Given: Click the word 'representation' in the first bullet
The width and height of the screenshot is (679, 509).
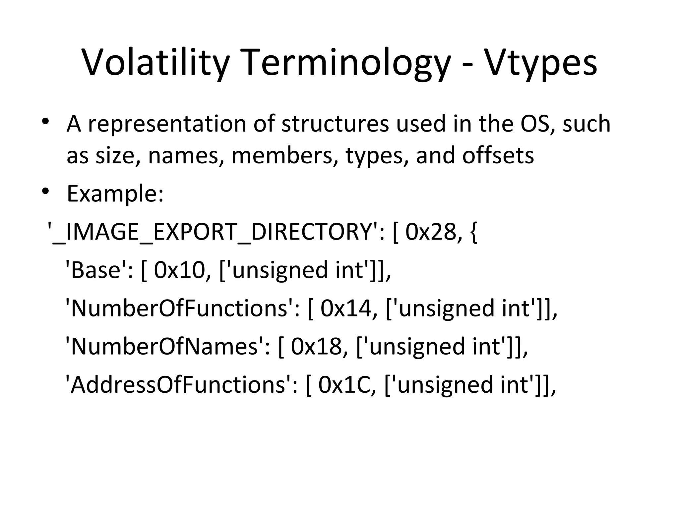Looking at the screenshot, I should [x=167, y=124].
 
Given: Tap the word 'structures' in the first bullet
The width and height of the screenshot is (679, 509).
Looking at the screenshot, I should [x=335, y=124].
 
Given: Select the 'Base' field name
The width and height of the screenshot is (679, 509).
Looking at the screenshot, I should [x=96, y=270].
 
